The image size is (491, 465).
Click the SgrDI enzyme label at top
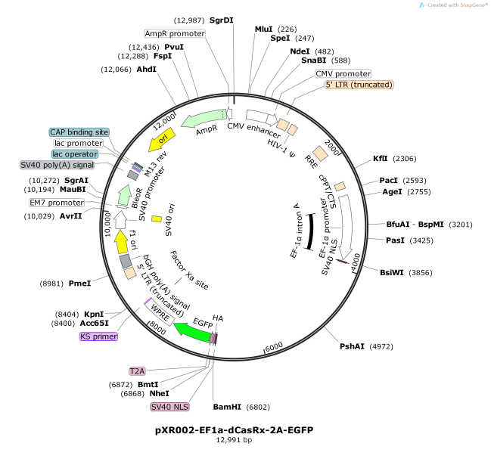coord(222,20)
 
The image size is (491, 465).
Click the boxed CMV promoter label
coord(343,74)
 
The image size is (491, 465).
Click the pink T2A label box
coord(137,371)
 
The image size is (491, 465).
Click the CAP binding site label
coord(79,132)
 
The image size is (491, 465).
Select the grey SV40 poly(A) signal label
coord(57,165)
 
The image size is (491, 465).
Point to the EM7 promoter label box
coord(57,203)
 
